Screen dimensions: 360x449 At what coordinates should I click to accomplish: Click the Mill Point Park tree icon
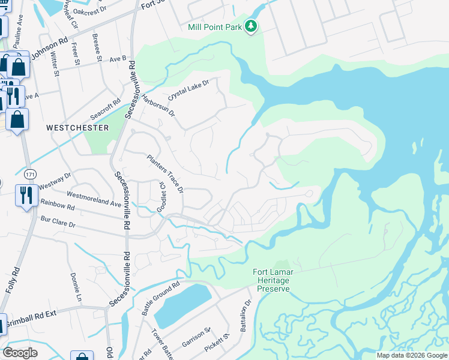coord(252,27)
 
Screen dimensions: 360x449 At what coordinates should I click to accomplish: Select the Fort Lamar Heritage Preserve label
coord(273,280)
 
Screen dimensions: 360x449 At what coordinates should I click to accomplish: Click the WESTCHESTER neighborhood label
coord(77,128)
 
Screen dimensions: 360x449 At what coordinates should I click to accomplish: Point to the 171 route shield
coord(29,173)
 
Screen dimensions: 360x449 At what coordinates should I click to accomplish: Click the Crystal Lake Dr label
coord(188,90)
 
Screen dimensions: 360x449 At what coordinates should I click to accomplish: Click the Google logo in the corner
coord(20,353)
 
